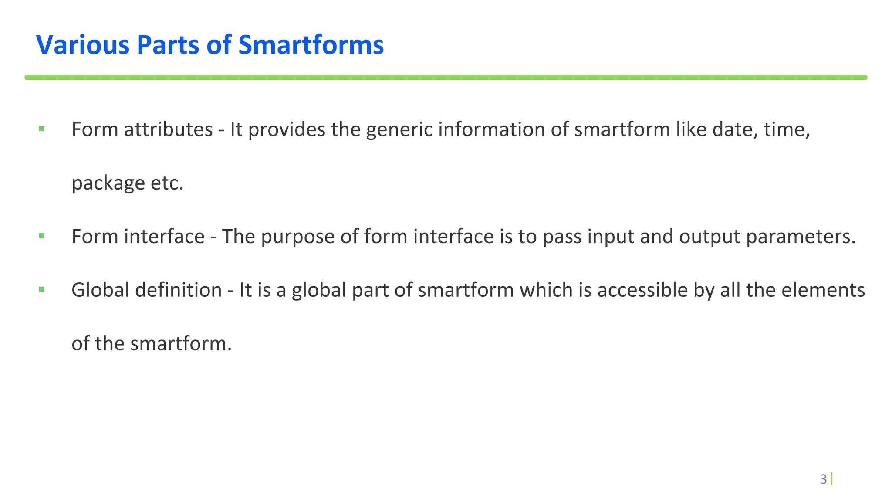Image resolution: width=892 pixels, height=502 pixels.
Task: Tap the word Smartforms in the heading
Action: pyautogui.click(x=311, y=45)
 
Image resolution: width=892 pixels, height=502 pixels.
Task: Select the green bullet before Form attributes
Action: pyautogui.click(x=42, y=129)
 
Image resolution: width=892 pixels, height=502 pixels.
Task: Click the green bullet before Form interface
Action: pyautogui.click(x=42, y=236)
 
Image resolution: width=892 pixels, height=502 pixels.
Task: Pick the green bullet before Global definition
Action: pyautogui.click(x=42, y=289)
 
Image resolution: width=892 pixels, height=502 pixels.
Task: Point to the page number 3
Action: pyautogui.click(x=823, y=479)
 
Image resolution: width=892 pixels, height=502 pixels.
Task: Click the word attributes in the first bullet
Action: pyautogui.click(x=169, y=129)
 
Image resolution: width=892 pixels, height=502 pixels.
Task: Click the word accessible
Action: pyautogui.click(x=642, y=290)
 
